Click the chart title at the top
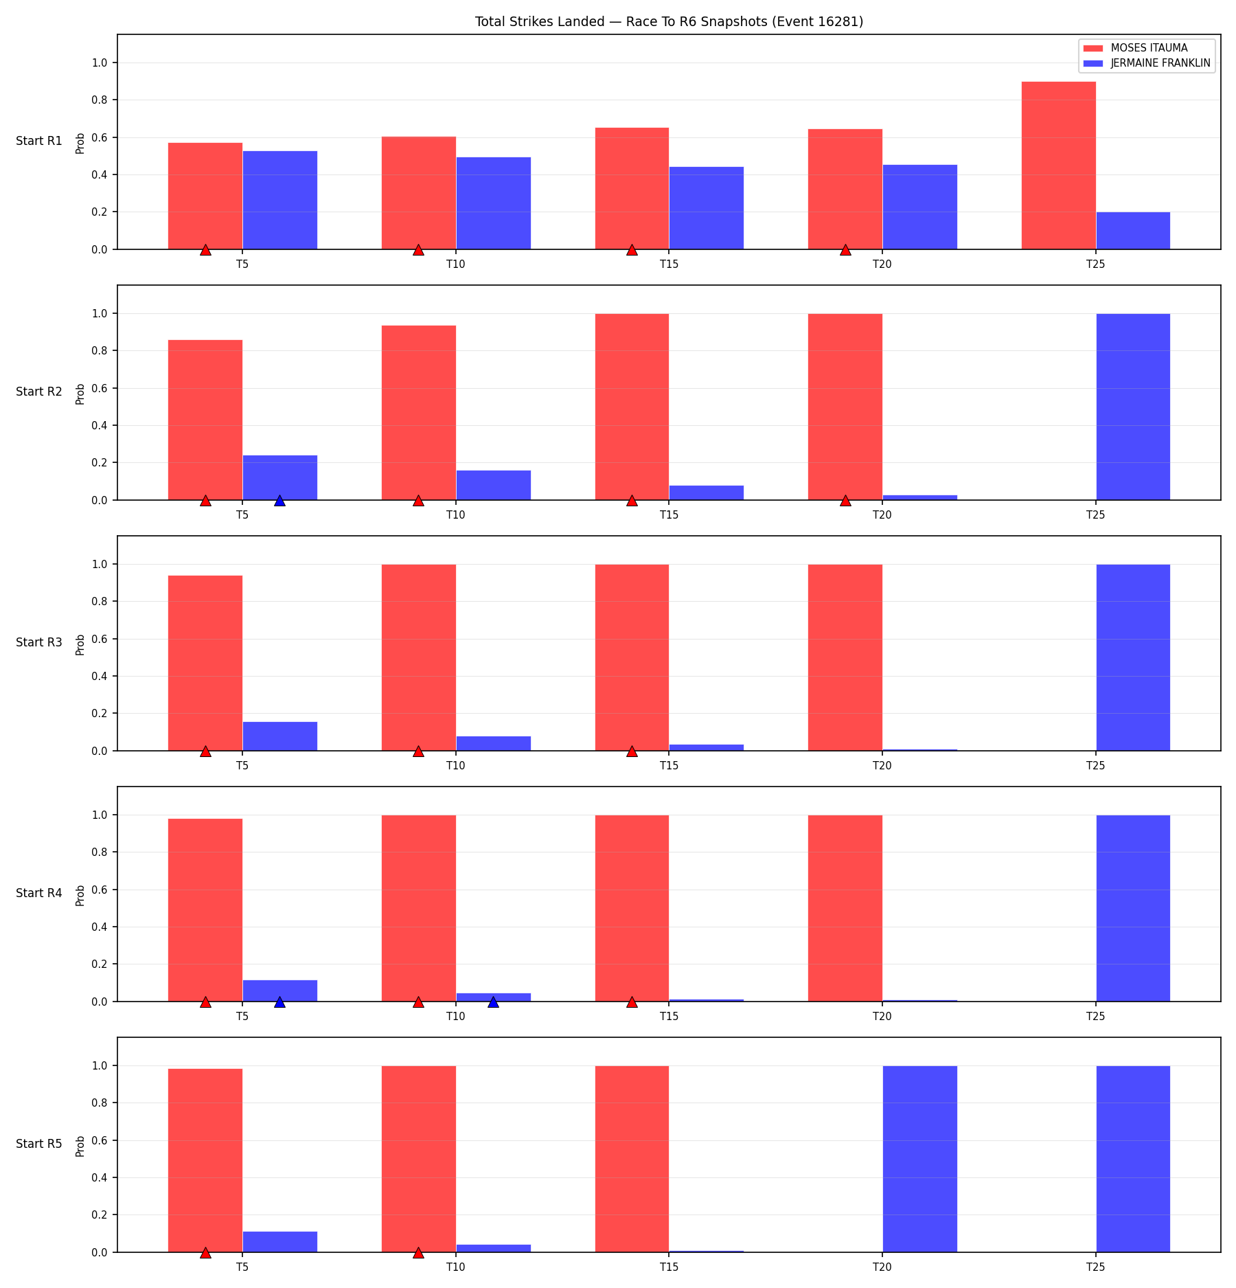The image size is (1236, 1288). [x=669, y=21]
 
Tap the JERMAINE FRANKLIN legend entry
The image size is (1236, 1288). [x=1147, y=63]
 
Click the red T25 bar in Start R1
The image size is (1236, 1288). [x=1058, y=166]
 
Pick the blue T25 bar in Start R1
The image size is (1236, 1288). [x=1133, y=231]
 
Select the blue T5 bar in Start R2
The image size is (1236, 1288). [x=279, y=477]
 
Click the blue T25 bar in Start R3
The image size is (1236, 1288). [x=1133, y=657]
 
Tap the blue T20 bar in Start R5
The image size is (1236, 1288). [x=919, y=1159]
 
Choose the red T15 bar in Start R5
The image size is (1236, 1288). [x=632, y=1159]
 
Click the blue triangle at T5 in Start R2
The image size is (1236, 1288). [x=279, y=501]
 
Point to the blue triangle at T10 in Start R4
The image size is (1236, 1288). [x=493, y=1002]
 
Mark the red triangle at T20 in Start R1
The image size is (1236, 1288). [x=845, y=250]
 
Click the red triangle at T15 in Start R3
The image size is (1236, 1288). [x=632, y=752]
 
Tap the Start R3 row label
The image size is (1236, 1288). [x=39, y=642]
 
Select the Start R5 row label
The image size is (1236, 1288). [x=39, y=1144]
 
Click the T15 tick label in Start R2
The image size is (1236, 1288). [x=669, y=515]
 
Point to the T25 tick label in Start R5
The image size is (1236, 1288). [x=1095, y=1267]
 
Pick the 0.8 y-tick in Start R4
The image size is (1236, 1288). [x=100, y=852]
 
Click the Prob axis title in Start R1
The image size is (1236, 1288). [x=80, y=143]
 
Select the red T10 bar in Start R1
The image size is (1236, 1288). [x=419, y=193]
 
